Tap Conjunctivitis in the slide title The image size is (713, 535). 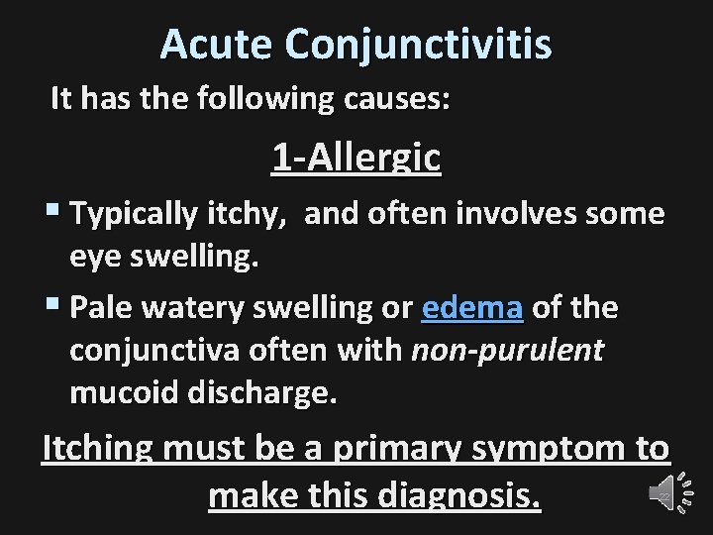(x=419, y=44)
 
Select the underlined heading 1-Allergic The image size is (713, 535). (x=356, y=158)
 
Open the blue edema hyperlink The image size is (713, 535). (x=472, y=308)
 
